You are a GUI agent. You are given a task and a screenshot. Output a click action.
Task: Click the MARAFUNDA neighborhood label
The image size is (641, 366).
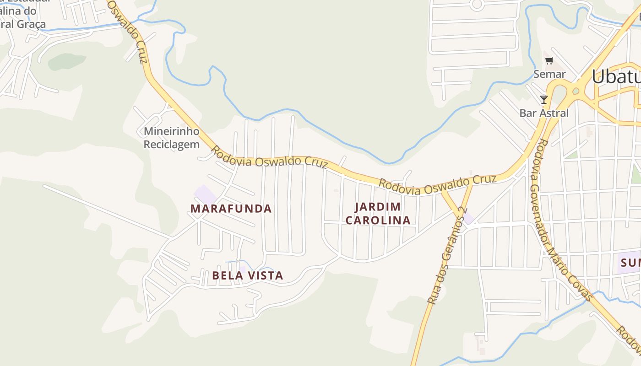[231, 209]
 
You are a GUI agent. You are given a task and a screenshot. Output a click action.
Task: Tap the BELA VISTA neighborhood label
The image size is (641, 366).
[247, 275]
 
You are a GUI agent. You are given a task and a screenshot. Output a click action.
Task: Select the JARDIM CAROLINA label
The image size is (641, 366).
[378, 213]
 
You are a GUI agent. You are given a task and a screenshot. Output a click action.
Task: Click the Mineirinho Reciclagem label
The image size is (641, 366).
[172, 138]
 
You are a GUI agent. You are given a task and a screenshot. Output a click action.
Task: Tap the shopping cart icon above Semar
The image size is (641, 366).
[549, 60]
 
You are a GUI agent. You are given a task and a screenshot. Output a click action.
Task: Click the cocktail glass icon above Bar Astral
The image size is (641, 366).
[543, 99]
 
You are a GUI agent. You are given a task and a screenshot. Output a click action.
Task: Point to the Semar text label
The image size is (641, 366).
[549, 74]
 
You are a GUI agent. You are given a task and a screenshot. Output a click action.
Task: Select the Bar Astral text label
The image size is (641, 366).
[544, 113]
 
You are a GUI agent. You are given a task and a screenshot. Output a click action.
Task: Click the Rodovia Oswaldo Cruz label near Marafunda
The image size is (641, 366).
[270, 157]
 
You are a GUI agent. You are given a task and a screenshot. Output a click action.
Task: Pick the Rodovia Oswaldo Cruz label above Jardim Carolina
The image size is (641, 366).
[437, 184]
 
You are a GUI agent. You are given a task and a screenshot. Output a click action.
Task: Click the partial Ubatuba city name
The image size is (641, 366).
[616, 76]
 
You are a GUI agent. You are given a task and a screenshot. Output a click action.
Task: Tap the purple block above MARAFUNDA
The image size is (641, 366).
[206, 194]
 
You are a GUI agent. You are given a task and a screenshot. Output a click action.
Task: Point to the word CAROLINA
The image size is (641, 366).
[378, 220]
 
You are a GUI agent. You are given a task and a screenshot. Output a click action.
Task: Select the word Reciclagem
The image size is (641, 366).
[172, 145]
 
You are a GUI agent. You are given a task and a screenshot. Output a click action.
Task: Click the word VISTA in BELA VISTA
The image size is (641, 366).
[265, 275]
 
